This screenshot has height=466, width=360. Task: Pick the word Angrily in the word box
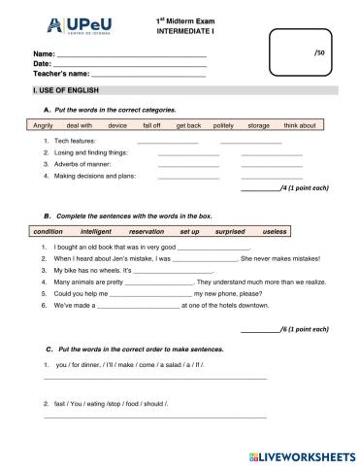(x=43, y=126)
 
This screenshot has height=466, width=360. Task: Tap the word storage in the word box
(x=258, y=126)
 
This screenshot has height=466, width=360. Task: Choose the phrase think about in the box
(x=300, y=126)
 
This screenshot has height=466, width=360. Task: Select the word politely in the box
(x=222, y=126)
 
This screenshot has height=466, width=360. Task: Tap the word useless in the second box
(x=275, y=233)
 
